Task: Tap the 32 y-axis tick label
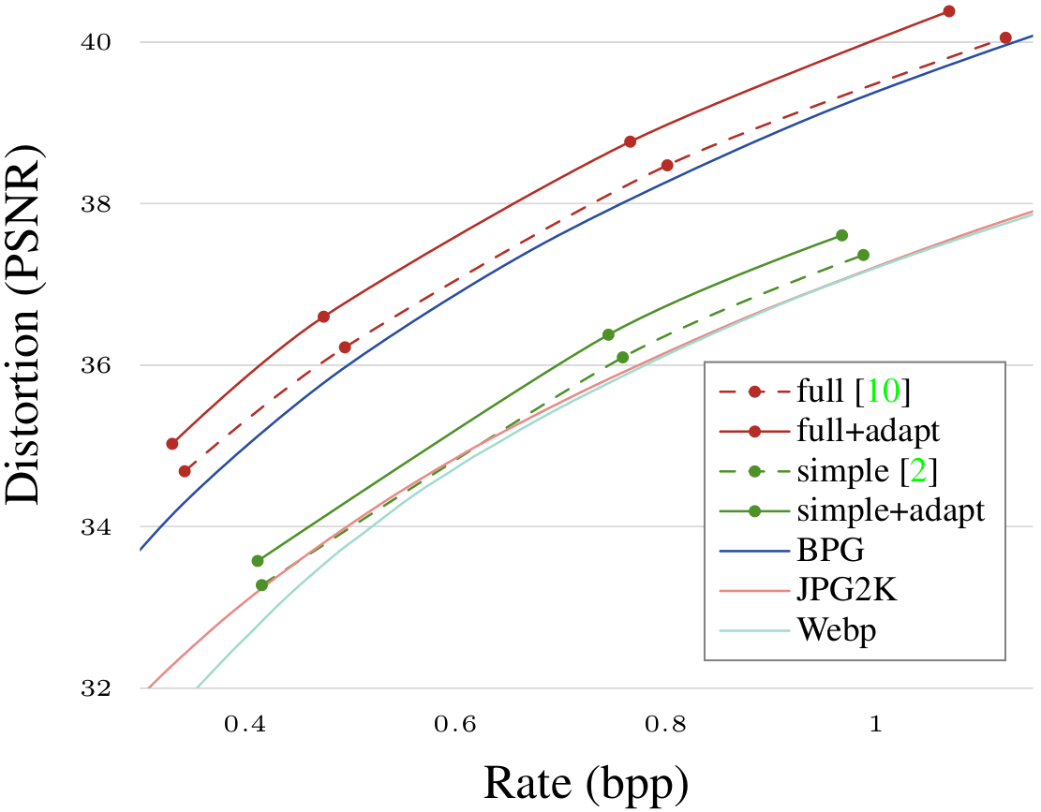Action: point(97,688)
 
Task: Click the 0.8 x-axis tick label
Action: point(665,725)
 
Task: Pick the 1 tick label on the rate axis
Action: point(875,725)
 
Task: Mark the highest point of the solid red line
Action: point(948,11)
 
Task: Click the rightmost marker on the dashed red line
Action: point(1005,37)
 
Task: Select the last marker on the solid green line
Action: point(841,235)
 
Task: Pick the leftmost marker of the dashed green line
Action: point(262,585)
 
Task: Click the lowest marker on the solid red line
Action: point(172,443)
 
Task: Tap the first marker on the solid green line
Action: point(258,561)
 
